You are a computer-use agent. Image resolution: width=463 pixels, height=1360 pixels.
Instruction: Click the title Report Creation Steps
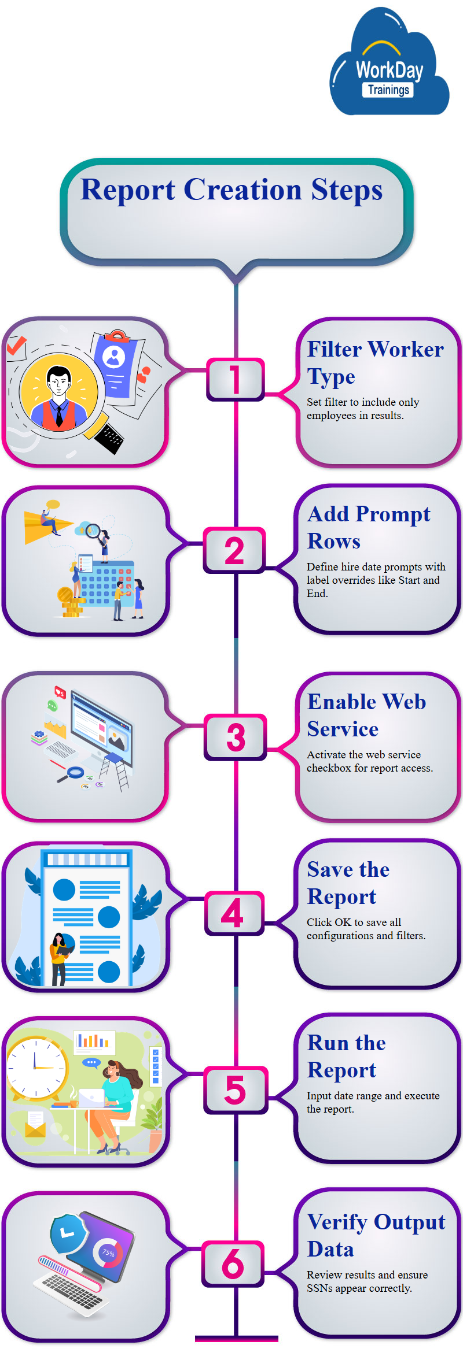point(231,190)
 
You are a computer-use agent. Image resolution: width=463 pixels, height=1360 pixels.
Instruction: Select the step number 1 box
point(235,379)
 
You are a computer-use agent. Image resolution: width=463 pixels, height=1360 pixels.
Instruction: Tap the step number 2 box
point(234,550)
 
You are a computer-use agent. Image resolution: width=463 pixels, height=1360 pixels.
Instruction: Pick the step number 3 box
point(236,737)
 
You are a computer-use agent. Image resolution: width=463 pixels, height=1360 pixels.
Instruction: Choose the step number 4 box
point(234,913)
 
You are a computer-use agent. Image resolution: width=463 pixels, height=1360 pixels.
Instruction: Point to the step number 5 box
point(236,1090)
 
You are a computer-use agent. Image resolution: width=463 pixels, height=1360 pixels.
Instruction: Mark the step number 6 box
point(233,1263)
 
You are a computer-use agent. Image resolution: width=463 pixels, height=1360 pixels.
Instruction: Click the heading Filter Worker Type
point(375,362)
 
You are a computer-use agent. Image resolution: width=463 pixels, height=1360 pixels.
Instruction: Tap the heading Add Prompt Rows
point(369,527)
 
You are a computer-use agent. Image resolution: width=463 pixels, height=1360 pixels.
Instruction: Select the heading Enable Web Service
point(366,715)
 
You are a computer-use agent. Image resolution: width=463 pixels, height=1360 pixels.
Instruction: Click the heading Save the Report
point(348,883)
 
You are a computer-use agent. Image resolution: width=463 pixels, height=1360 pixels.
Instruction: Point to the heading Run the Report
point(346,1056)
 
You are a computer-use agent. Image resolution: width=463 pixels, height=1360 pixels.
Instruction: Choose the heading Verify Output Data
point(376,1235)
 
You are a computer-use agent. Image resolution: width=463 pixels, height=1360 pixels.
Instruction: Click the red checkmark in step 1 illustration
point(16,346)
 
